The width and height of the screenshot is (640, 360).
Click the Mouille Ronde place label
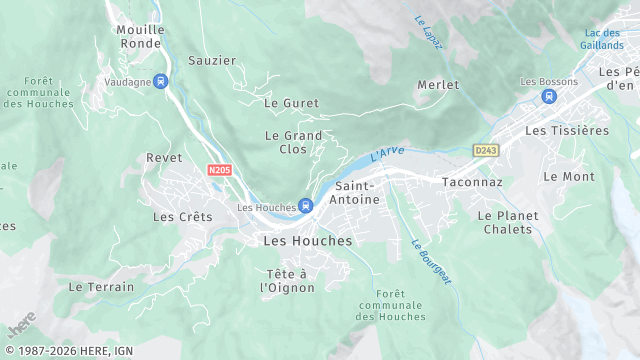coord(140,36)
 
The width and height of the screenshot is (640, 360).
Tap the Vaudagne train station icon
coord(161,81)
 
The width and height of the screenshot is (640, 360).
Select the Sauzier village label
coord(212,60)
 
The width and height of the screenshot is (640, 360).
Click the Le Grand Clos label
coord(293,142)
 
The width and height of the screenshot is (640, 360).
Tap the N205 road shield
coord(220,171)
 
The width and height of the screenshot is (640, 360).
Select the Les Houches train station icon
coord(305,206)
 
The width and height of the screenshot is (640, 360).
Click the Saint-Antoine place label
coord(357,193)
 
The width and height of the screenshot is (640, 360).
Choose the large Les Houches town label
coord(307,241)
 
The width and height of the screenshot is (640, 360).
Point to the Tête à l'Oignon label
coord(290,281)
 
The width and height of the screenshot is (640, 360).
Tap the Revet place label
coord(164,158)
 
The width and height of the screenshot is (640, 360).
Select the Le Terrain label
coord(101,286)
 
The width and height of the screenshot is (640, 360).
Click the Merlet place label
coord(438,85)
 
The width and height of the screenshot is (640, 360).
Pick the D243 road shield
coord(485,150)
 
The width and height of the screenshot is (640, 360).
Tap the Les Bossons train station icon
coord(547,96)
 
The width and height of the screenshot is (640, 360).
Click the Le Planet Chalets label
coord(508,222)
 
